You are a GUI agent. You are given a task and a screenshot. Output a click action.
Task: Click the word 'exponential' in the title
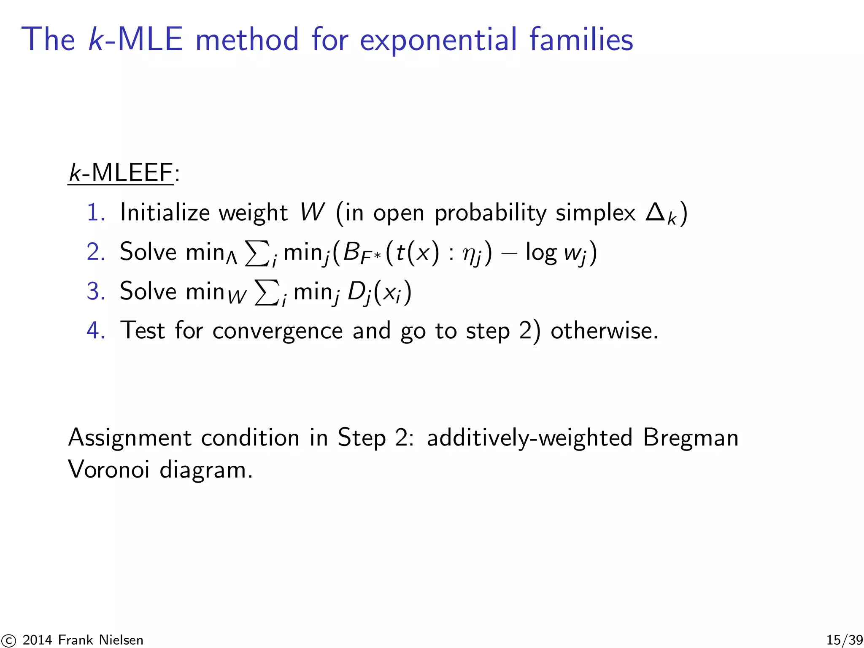click(438, 40)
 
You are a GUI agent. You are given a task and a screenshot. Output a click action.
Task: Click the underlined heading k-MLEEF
click(121, 173)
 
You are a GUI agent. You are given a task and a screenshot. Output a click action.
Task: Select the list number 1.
click(95, 212)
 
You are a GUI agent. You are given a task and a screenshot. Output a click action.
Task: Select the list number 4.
click(95, 330)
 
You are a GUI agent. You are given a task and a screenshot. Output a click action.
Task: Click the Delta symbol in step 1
click(655, 212)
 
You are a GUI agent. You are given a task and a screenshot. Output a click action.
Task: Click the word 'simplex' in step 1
click(595, 213)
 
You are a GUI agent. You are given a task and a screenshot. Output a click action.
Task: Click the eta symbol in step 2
click(469, 254)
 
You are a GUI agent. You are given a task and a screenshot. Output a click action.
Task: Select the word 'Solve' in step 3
click(148, 291)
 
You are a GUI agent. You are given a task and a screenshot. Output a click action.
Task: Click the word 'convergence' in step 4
click(277, 331)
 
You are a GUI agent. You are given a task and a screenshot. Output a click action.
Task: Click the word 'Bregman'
click(691, 437)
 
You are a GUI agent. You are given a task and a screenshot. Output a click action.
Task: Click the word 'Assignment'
click(130, 437)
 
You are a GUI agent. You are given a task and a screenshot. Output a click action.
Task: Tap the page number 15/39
click(844, 640)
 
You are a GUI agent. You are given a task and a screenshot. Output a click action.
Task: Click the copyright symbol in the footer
click(8, 640)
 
